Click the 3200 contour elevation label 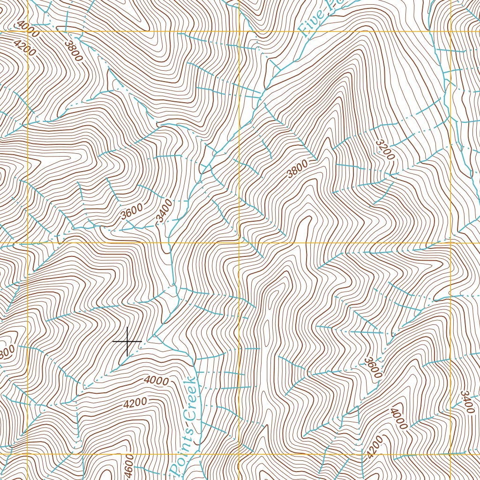coord(384,149)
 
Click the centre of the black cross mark coord(127,341)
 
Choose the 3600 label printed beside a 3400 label coord(131,212)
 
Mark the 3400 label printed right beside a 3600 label coord(164,212)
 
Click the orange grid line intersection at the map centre coord(239,243)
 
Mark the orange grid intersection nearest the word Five coord(239,31)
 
